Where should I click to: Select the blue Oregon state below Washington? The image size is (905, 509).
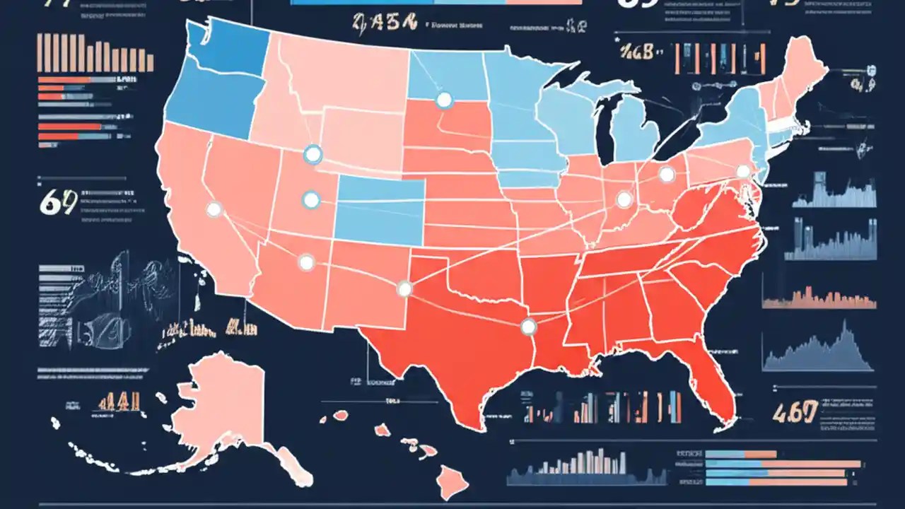(x=205, y=106)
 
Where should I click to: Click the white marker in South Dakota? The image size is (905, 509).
(x=444, y=100)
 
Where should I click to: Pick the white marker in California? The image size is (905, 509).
(x=214, y=209)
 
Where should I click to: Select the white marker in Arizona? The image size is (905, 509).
(x=306, y=263)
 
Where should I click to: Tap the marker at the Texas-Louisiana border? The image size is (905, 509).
(x=528, y=326)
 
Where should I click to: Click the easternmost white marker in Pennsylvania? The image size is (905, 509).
(x=742, y=171)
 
